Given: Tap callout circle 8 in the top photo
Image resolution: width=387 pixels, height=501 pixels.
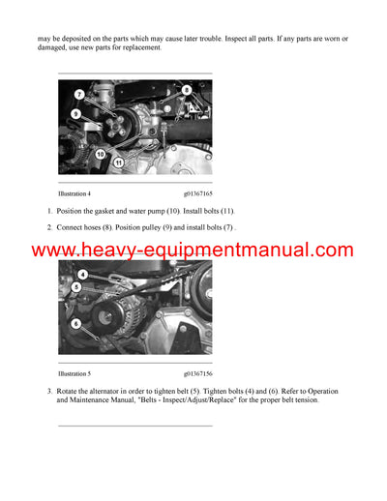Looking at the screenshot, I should point(187,90).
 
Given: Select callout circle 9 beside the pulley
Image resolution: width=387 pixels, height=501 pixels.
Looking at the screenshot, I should point(74,114).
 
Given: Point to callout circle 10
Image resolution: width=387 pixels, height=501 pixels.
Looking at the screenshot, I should point(100,154).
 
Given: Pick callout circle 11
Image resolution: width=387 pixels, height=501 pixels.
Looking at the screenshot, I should point(118,164).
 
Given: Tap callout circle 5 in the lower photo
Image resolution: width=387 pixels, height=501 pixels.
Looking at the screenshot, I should point(76,287).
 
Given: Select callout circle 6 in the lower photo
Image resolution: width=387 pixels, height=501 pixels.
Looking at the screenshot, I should point(76,324).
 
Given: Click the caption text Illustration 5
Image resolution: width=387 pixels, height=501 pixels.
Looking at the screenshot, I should point(74,372).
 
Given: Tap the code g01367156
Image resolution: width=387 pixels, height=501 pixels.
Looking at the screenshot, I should point(198,372).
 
